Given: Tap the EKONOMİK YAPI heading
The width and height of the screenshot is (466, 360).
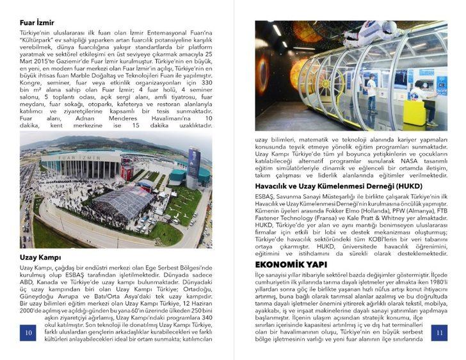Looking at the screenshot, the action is tap(291, 264).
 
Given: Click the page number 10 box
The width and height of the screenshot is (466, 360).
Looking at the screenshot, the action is tap(28, 332).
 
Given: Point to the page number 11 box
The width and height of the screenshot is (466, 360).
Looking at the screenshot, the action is tap(440, 332).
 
